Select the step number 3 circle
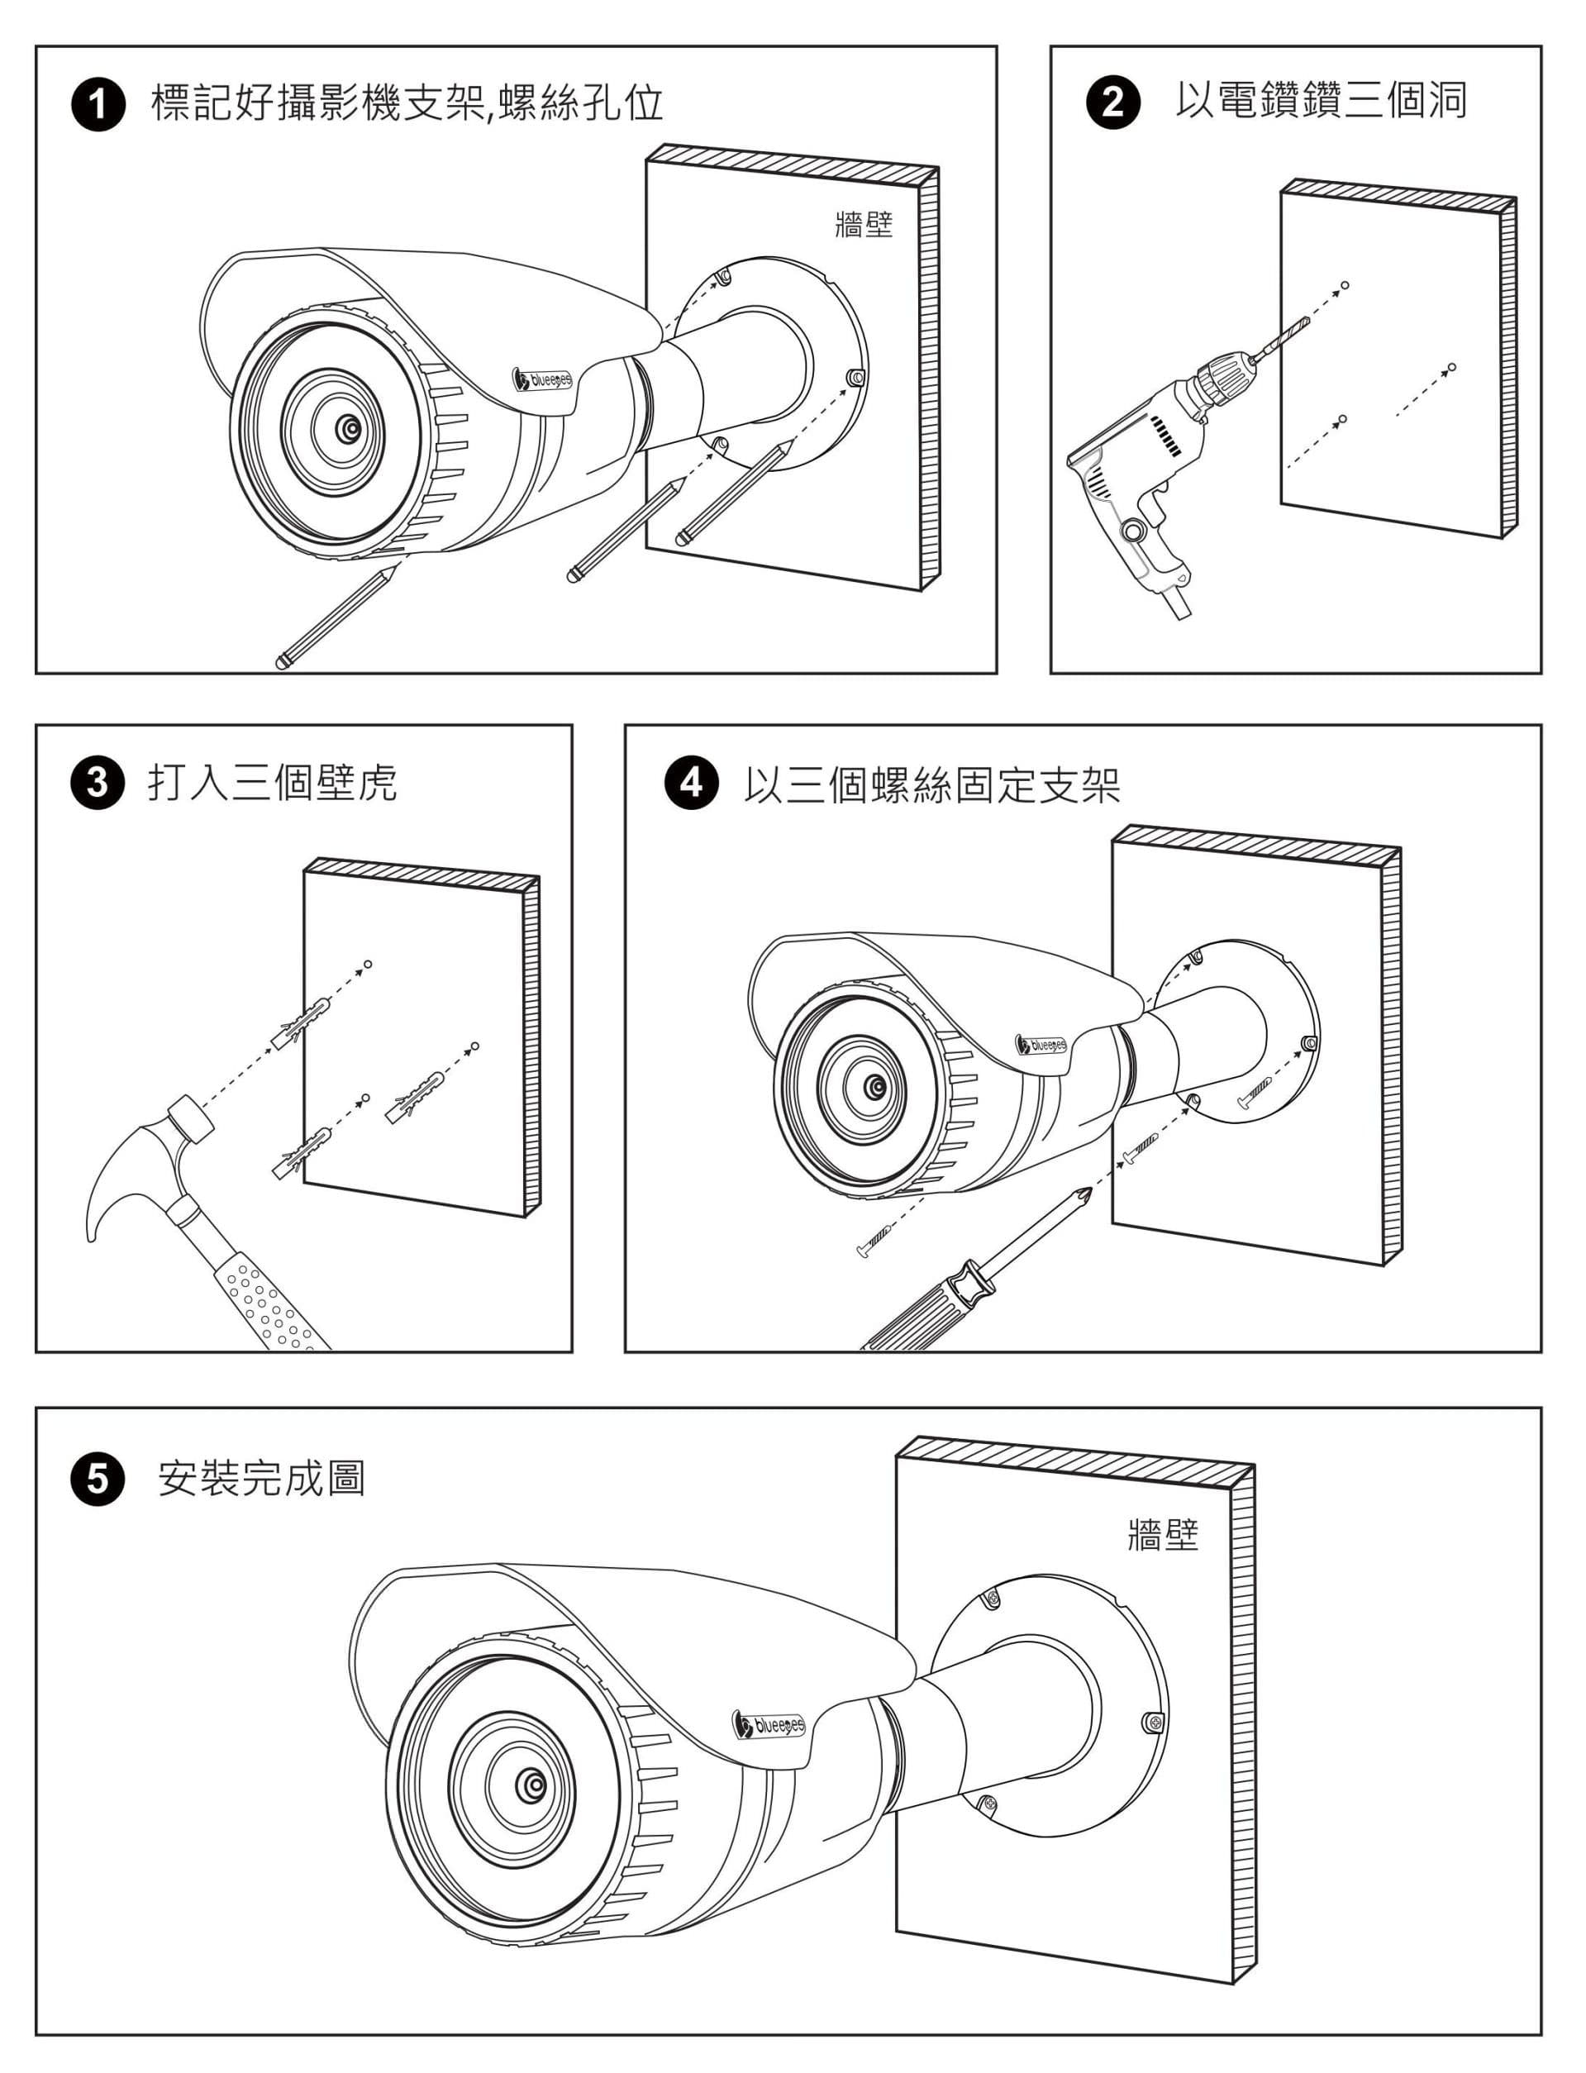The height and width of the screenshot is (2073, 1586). coord(98,784)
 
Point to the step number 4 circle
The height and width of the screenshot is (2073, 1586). coord(692,784)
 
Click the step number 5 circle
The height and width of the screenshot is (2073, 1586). coord(98,1478)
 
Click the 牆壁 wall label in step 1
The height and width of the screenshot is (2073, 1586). coord(864,225)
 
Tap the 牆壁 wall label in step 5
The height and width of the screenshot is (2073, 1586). coord(1163,1534)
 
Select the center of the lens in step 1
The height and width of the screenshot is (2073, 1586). coord(350,430)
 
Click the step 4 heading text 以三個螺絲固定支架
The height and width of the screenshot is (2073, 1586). coord(930,784)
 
